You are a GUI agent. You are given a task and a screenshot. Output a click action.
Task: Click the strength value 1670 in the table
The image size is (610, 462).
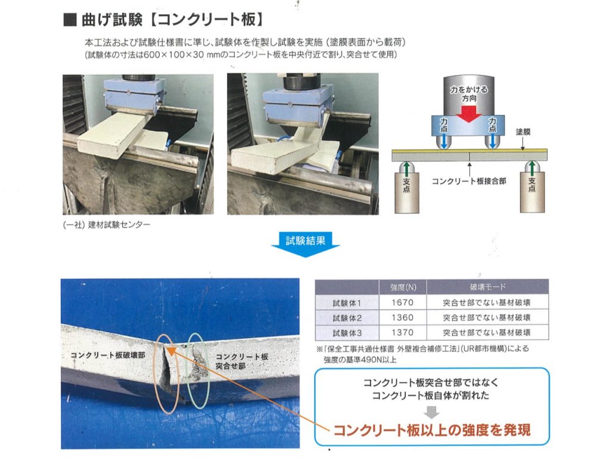[402, 302]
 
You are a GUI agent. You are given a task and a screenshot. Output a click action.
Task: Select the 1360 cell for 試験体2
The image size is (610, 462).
[402, 318]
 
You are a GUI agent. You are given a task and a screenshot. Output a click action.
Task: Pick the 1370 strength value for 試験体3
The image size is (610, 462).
[402, 332]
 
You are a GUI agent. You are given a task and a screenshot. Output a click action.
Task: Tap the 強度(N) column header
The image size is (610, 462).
[403, 288]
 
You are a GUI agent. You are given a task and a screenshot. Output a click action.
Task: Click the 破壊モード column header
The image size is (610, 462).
[487, 287]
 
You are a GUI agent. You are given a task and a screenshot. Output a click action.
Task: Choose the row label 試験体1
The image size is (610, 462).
[347, 303]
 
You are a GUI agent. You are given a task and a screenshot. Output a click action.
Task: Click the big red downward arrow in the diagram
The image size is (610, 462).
[468, 112]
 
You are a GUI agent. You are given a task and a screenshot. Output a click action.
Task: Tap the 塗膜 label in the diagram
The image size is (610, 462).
[523, 132]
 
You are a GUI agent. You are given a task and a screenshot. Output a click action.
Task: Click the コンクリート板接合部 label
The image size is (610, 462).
[469, 181]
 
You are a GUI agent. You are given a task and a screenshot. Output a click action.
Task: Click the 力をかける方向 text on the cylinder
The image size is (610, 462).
[469, 93]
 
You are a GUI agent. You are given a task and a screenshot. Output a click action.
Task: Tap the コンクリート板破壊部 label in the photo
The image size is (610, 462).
[108, 355]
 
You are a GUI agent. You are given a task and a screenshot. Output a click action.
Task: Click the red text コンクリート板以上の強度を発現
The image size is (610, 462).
[432, 430]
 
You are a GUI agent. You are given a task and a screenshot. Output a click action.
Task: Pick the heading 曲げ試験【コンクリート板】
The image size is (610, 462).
[164, 20]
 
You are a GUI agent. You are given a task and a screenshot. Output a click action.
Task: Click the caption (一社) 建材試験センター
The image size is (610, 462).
[106, 225]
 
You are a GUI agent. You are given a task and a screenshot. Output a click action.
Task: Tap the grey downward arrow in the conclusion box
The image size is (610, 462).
[431, 412]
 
